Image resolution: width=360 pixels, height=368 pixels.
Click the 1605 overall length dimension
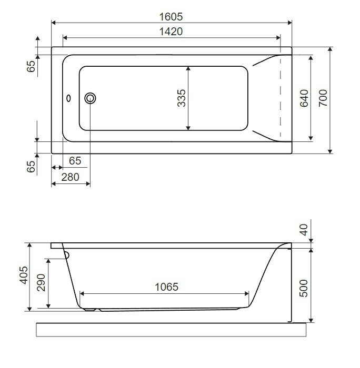(171, 17)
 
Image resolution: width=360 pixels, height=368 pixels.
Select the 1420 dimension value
(171, 32)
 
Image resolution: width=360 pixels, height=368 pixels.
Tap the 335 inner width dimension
(182, 98)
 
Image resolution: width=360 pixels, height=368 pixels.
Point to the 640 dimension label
(304, 98)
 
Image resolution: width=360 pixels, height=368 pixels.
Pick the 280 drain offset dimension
(70, 177)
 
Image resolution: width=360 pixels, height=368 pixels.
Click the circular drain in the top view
(90, 98)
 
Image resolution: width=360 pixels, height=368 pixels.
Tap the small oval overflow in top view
(68, 98)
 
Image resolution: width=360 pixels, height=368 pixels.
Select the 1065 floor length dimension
(167, 287)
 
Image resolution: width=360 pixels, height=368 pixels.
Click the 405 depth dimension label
(24, 275)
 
